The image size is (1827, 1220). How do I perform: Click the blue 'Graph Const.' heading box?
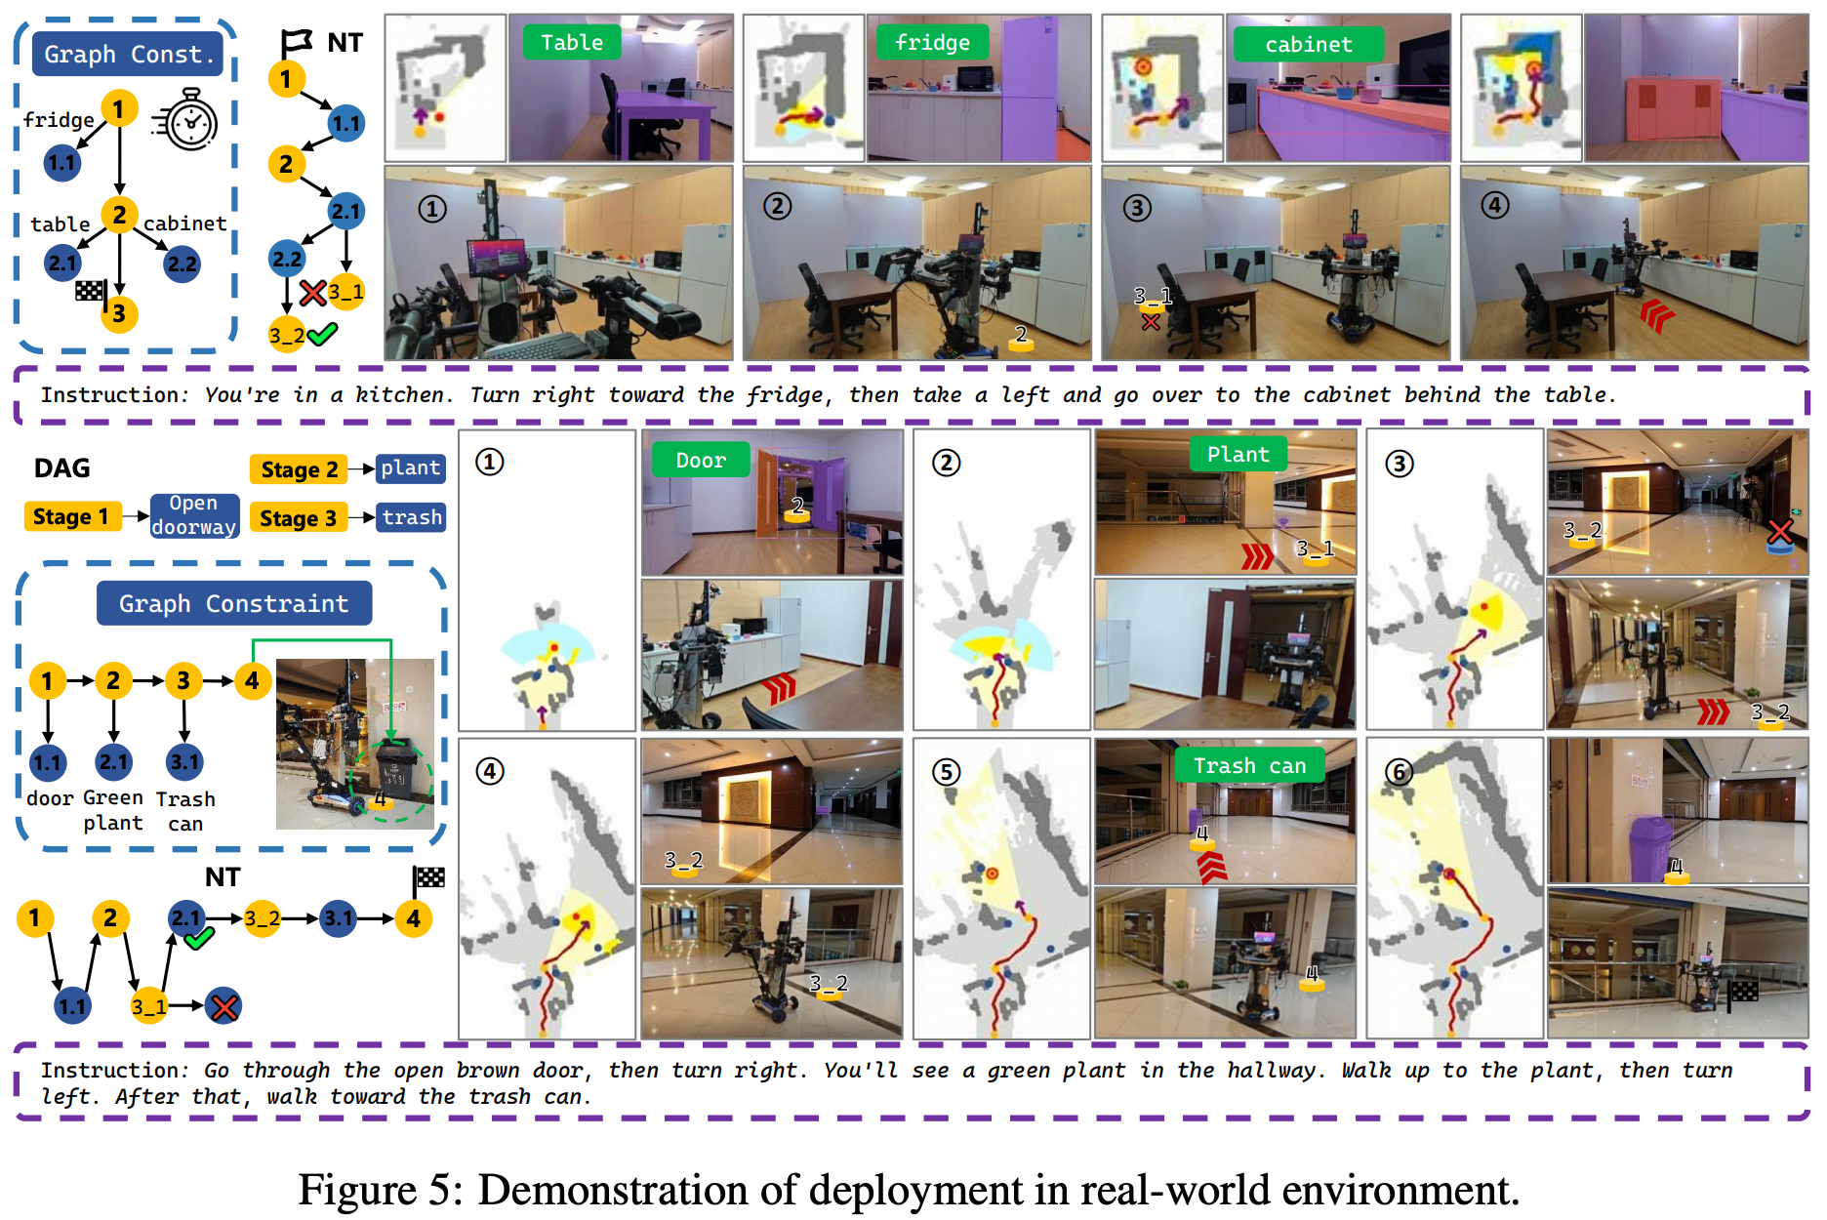[x=128, y=55]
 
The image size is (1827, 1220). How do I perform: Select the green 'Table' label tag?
[x=571, y=43]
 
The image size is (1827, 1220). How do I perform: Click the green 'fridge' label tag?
[x=932, y=43]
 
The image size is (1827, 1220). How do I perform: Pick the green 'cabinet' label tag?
[x=1308, y=45]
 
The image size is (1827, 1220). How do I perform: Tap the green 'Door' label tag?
[x=700, y=461]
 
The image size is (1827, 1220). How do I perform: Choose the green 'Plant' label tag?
[x=1238, y=455]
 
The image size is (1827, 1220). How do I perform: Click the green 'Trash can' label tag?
[x=1249, y=766]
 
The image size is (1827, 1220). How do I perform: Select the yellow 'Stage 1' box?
[x=71, y=516]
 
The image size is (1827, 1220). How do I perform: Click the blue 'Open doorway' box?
[x=194, y=515]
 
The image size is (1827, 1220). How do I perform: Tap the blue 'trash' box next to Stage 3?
[x=412, y=517]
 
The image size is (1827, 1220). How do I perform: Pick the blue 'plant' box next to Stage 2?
[x=410, y=468]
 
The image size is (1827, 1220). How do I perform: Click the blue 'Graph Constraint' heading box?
[x=233, y=604]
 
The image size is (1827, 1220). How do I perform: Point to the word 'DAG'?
[x=61, y=468]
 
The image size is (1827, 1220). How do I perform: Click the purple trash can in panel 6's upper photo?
[x=1650, y=847]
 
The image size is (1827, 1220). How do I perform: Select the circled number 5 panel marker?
[x=946, y=772]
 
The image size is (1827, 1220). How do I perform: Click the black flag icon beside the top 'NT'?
[x=296, y=42]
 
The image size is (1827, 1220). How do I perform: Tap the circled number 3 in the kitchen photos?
[x=1137, y=208]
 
